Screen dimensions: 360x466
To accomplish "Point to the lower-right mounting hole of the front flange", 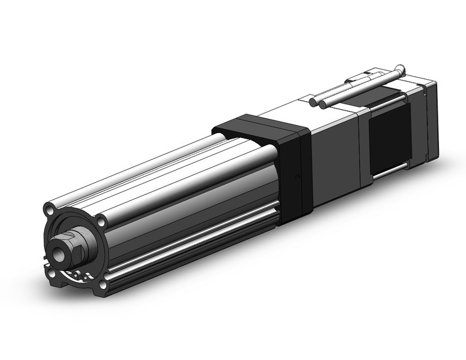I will click(x=102, y=284).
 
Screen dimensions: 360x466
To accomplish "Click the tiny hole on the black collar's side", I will click(x=297, y=178).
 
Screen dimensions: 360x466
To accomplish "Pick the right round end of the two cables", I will click(x=322, y=104).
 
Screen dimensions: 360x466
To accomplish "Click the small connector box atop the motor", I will click(x=359, y=79).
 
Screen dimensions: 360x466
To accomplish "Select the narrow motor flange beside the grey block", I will click(x=363, y=147).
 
